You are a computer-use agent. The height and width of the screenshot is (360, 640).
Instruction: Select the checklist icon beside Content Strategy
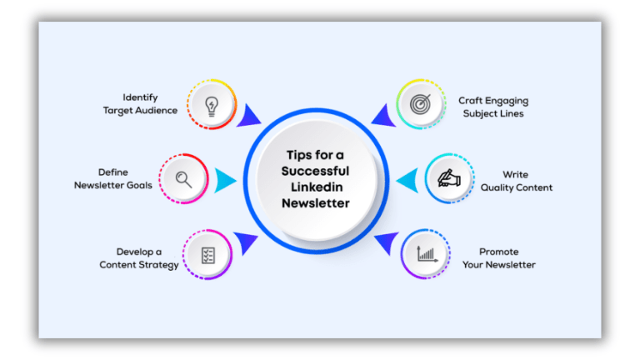pos(207,254)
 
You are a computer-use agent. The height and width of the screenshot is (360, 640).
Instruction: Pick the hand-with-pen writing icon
pos(449,178)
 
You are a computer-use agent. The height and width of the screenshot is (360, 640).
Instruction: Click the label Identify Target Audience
pos(140,104)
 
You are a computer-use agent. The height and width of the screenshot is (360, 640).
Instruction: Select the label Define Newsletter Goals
pos(113,179)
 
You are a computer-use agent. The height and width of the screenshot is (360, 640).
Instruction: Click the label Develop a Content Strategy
pos(139,258)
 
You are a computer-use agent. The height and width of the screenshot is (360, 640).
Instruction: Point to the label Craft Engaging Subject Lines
pos(493,107)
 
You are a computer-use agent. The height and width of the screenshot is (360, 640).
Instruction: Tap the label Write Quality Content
pos(516,181)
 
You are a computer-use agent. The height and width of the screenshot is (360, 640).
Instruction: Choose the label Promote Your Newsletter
pos(499,258)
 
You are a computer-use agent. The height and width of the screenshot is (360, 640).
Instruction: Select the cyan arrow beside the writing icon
pos(407,179)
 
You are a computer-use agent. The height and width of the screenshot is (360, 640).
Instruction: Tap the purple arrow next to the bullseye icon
pos(382,115)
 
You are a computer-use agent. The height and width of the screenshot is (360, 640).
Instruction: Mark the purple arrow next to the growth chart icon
pos(384,242)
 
